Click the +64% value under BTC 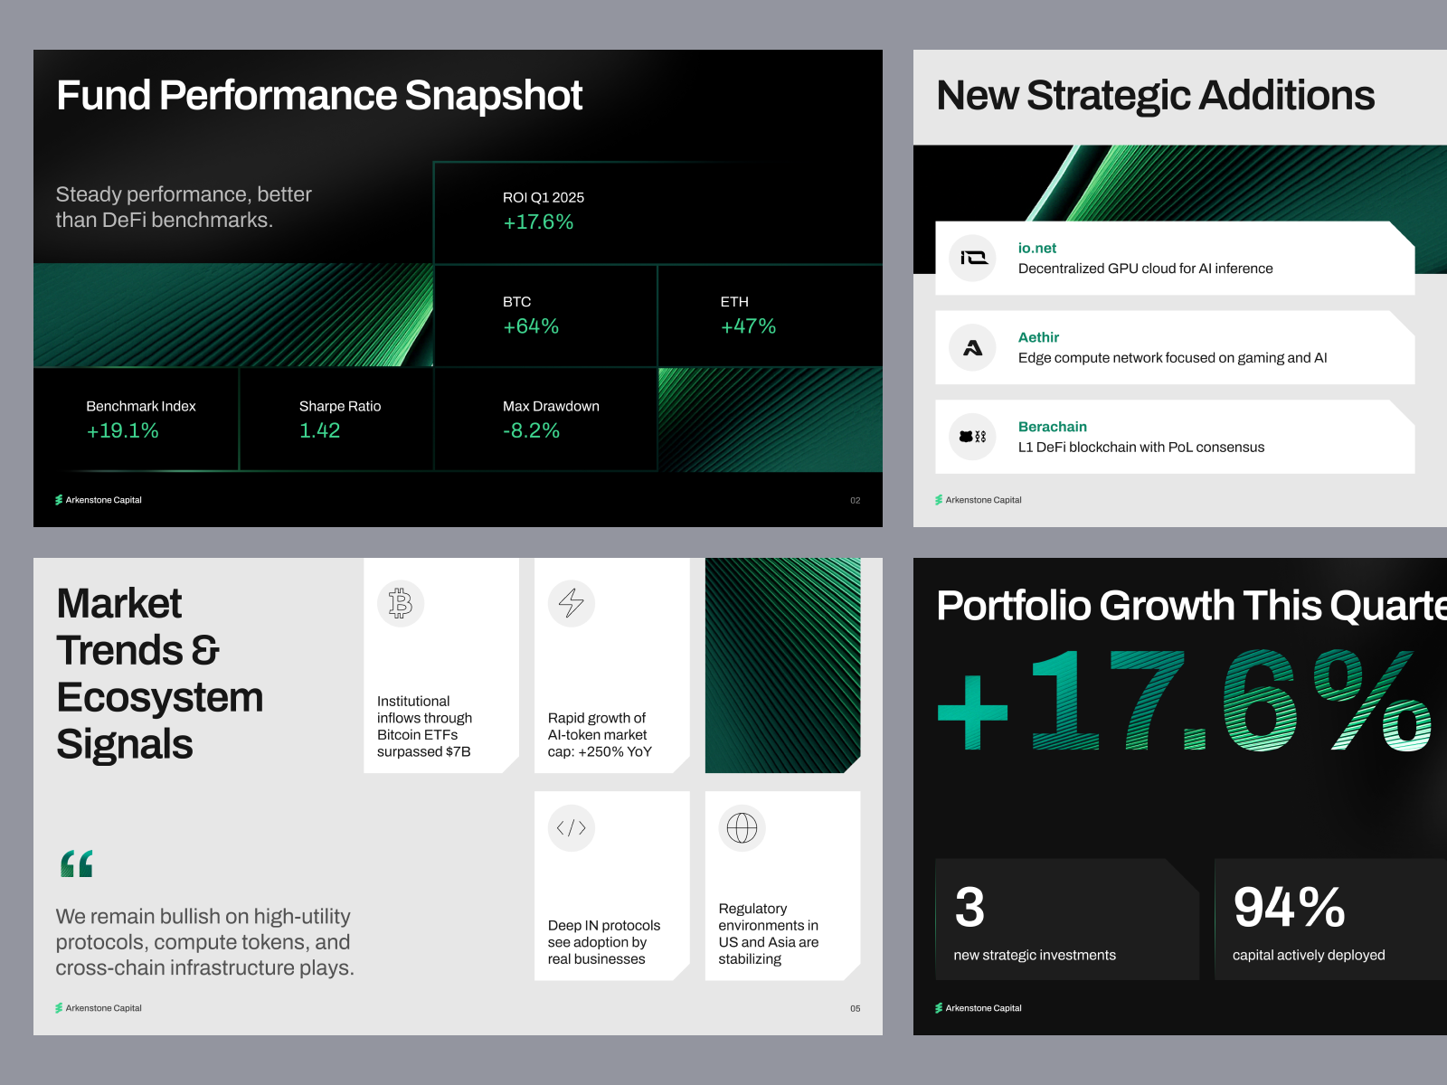pyautogui.click(x=531, y=326)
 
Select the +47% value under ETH pyautogui.click(x=748, y=326)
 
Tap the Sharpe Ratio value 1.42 pyautogui.click(x=320, y=430)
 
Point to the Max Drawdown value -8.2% pyautogui.click(x=531, y=430)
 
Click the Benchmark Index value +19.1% pyautogui.click(x=123, y=430)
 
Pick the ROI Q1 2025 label pyautogui.click(x=544, y=197)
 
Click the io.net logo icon pyautogui.click(x=973, y=258)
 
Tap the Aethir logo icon pyautogui.click(x=973, y=347)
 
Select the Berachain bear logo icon pyautogui.click(x=973, y=436)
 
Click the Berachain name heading pyautogui.click(x=1052, y=426)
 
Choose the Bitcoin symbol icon pyautogui.click(x=400, y=603)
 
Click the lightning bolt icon pyautogui.click(x=571, y=603)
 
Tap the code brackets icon pyautogui.click(x=571, y=827)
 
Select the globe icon pyautogui.click(x=742, y=827)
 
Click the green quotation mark pyautogui.click(x=77, y=863)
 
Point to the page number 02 pyautogui.click(x=855, y=501)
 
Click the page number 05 pyautogui.click(x=855, y=1008)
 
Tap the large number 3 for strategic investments pyautogui.click(x=969, y=907)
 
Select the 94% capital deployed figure pyautogui.click(x=1289, y=907)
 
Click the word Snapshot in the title pyautogui.click(x=493, y=96)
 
